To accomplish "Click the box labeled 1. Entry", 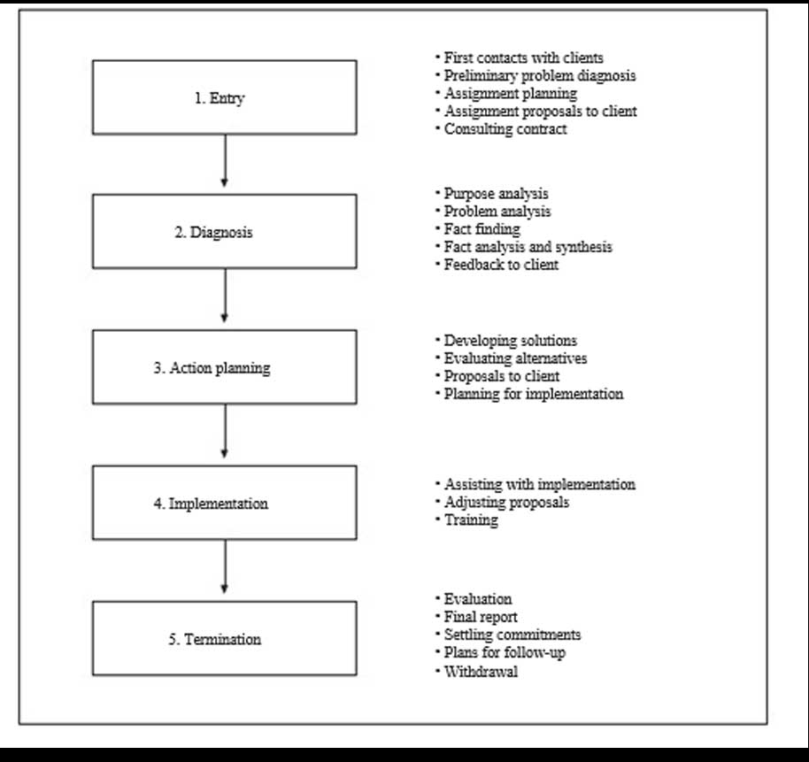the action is pos(225,97).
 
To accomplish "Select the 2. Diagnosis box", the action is pos(225,232).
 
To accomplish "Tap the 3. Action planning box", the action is pos(225,366).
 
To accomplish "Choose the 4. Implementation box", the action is pos(225,503).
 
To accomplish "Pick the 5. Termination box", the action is pos(225,638).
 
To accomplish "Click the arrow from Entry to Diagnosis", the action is pos(225,161).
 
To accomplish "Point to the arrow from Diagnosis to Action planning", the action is pos(225,296).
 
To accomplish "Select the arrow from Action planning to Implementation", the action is pos(225,431).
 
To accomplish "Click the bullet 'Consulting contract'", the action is pos(501,129).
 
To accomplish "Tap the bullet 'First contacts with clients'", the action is pos(519,58).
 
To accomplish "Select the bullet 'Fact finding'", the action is pos(478,229).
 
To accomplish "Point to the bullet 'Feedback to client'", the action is pos(497,265).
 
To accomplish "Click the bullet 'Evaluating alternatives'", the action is pos(511,358).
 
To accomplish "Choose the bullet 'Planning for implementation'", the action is pos(529,394).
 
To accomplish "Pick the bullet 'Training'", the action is pos(467,520).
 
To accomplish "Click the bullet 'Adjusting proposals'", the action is pos(503,503).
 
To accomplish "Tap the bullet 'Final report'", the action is pos(476,617).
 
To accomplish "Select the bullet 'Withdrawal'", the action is pos(476,672).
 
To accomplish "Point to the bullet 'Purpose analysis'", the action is pos(492,194).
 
